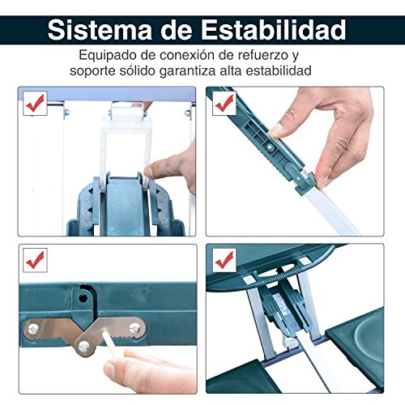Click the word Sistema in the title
pos(100,30)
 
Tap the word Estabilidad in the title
pos(273,30)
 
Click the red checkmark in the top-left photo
pos(35,103)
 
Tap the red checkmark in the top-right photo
pos(224,103)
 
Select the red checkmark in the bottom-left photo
pos(35,260)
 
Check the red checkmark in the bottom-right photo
pos(224,260)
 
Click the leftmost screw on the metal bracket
pos(33,329)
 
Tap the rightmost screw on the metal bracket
pos(134,328)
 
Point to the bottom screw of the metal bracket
pos(83,346)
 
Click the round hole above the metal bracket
pos(83,298)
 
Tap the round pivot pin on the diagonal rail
pos(270,147)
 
